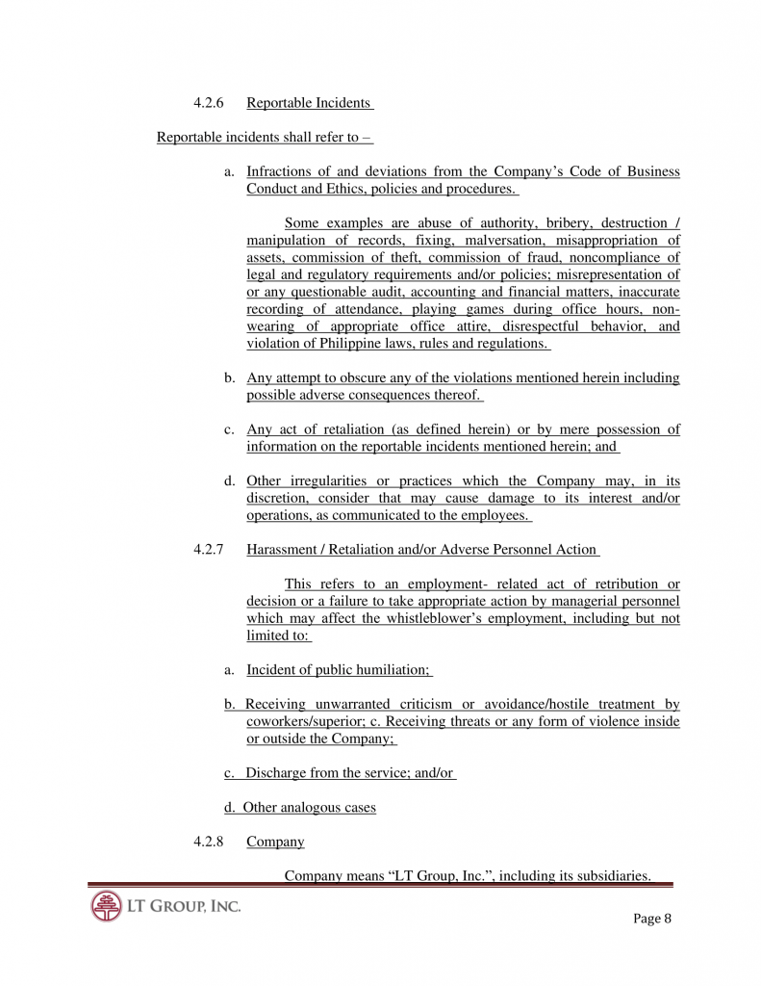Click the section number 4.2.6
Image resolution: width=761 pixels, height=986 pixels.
point(209,103)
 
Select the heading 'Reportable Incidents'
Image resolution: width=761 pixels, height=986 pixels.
point(309,103)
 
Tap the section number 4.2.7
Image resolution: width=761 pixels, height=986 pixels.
point(209,550)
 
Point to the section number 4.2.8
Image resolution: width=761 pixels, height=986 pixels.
point(209,842)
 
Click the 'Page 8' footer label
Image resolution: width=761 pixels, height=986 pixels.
point(651,918)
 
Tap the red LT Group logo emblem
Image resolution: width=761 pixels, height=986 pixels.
point(107,906)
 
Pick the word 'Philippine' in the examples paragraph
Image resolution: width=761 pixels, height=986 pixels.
point(356,344)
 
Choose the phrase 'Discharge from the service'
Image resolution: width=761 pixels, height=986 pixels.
point(327,773)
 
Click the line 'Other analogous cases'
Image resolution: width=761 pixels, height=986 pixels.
point(309,808)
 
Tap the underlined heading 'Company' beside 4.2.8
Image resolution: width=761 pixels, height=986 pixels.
point(275,842)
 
